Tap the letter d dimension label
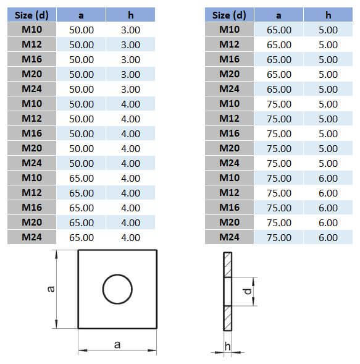click(x=248, y=291)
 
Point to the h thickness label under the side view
click(x=228, y=346)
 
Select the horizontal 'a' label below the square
click(x=117, y=344)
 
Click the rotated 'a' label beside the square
click(x=51, y=289)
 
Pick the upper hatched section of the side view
click(x=228, y=265)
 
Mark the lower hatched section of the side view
click(x=228, y=318)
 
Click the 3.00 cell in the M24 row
click(x=130, y=90)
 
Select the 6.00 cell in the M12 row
click(x=328, y=193)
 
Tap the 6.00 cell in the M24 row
click(x=328, y=238)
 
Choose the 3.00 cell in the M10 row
click(x=130, y=30)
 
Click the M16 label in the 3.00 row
click(x=31, y=59)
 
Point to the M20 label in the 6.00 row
click(x=230, y=222)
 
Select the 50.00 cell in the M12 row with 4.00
click(x=82, y=119)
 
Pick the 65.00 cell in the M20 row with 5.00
click(x=279, y=75)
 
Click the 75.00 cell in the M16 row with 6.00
click(x=279, y=208)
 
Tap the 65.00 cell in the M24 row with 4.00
click(x=82, y=238)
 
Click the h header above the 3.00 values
click(x=130, y=15)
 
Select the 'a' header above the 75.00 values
click(x=278, y=15)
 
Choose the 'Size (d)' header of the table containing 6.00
click(x=229, y=15)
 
